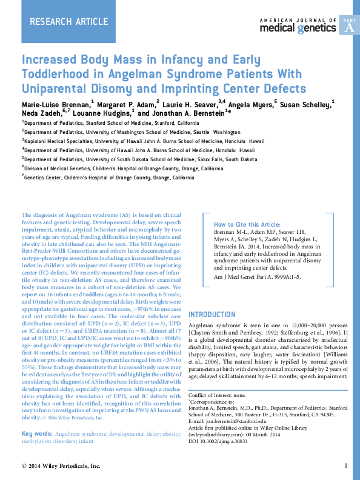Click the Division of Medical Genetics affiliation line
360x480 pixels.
click(124, 168)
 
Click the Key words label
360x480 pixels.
click(36, 435)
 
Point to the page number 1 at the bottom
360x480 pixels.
click(345, 466)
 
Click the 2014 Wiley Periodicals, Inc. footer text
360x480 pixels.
click(61, 466)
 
